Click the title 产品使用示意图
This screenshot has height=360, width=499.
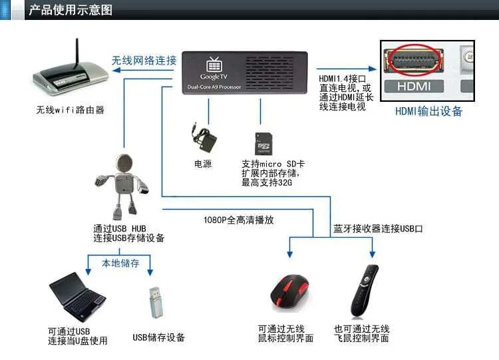click(x=71, y=10)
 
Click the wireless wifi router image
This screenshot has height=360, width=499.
click(x=71, y=77)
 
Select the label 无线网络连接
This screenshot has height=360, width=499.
click(x=144, y=61)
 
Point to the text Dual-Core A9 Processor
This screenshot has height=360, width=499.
click(x=215, y=87)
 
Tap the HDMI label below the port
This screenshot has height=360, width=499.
click(x=415, y=86)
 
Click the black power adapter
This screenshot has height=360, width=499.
click(x=202, y=136)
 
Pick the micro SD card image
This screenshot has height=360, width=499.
click(x=263, y=143)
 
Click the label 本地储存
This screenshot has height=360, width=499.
click(x=120, y=263)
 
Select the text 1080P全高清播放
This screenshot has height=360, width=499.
click(x=238, y=220)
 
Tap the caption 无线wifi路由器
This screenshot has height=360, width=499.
click(x=71, y=110)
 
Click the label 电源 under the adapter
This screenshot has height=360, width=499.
click(x=202, y=164)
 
